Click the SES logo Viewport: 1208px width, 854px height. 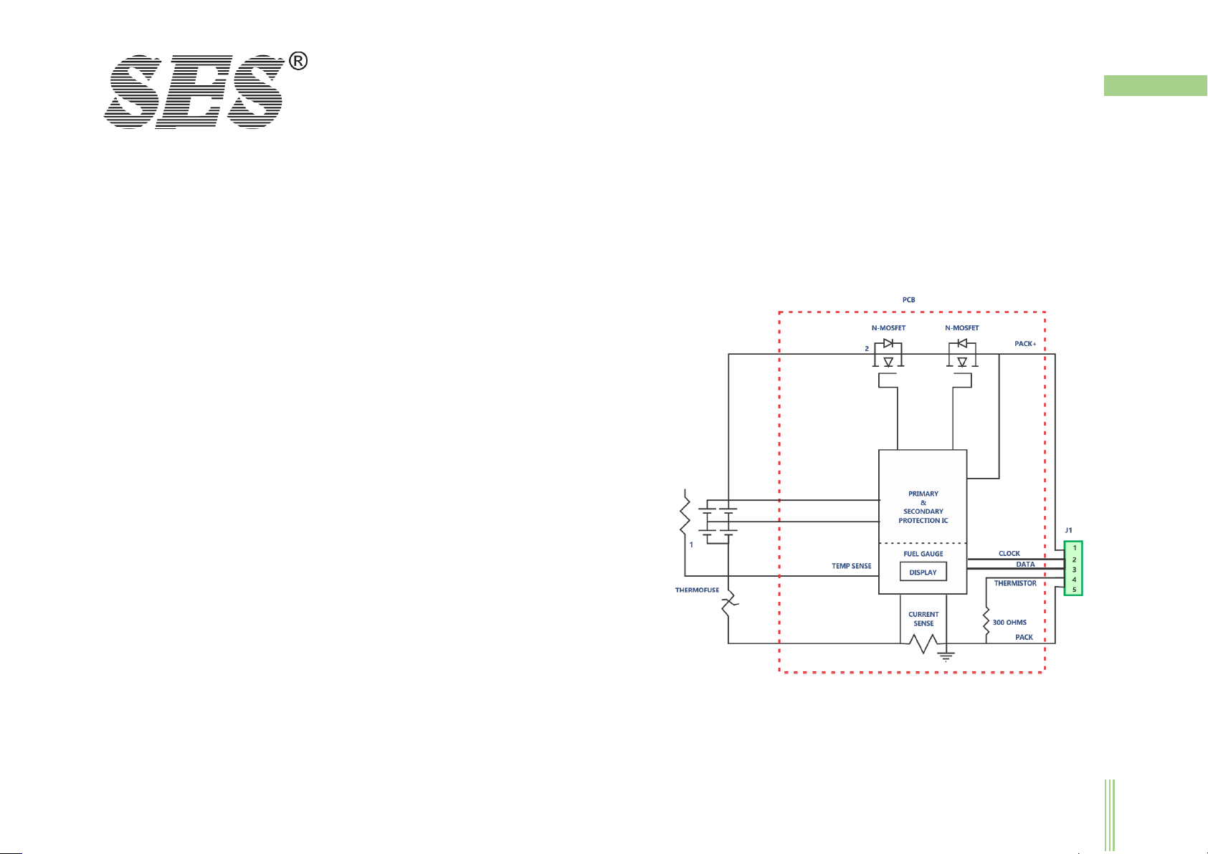194,92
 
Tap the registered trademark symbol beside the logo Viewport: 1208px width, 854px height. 298,62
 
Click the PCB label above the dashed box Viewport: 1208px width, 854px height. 908,300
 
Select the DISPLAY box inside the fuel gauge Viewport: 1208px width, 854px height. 923,572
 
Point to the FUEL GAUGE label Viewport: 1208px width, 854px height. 923,554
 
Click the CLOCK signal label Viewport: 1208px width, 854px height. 1009,554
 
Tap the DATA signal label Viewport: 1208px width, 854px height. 1025,565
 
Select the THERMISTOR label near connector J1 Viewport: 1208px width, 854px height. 1014,583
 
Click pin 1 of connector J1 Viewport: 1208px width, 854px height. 1074,548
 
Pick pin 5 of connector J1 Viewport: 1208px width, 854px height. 1074,590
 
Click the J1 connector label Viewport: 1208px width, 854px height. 1068,530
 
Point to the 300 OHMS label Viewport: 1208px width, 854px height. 1009,623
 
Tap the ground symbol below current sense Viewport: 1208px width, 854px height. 947,655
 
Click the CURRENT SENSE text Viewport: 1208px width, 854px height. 923,619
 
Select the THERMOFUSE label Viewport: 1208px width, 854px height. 697,590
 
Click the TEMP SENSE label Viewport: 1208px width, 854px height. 851,566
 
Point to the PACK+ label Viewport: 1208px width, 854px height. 1025,344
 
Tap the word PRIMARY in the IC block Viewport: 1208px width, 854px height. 923,494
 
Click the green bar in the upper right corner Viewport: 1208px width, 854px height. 1155,85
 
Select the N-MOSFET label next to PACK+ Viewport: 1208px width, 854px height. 961,328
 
